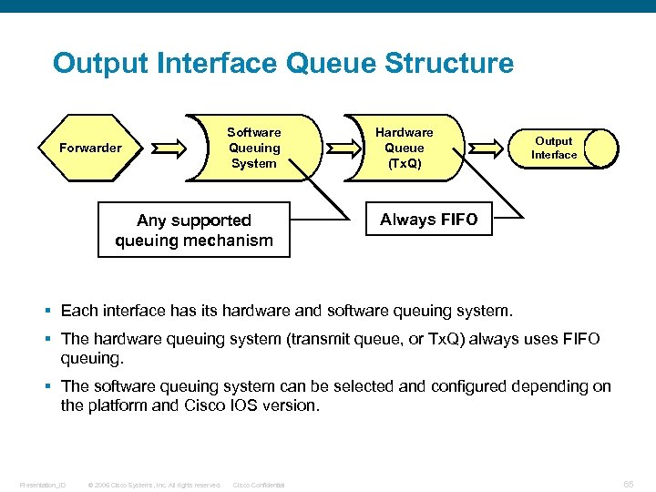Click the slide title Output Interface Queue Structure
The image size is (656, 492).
(x=282, y=64)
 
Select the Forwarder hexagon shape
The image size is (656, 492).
(x=89, y=148)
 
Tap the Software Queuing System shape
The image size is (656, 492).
(x=253, y=148)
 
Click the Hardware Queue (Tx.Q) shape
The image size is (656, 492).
(x=404, y=148)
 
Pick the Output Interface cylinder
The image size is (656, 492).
(x=565, y=148)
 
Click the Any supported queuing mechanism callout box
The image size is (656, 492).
(x=193, y=231)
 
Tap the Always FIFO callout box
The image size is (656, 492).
(x=428, y=220)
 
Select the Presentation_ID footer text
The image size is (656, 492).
(x=44, y=485)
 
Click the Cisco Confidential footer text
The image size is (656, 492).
(x=259, y=485)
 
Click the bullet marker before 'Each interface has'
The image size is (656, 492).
(x=52, y=312)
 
